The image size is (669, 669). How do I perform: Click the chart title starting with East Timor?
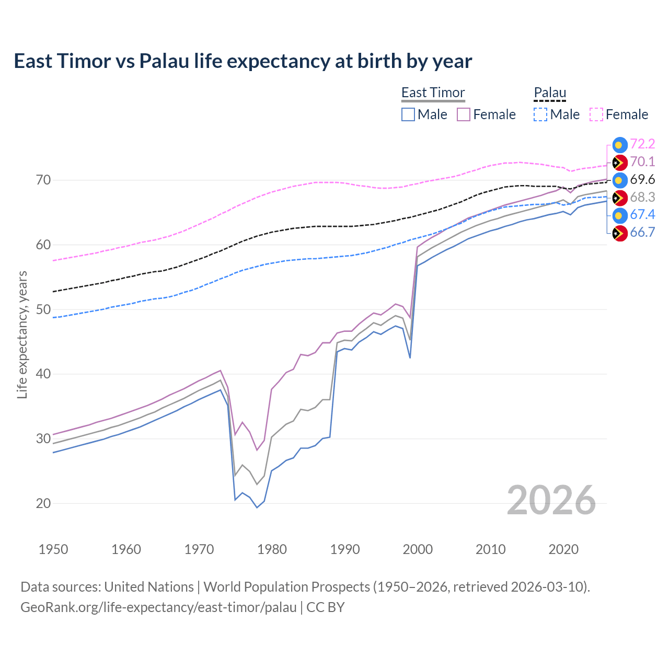click(243, 61)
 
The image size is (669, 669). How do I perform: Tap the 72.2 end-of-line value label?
click(642, 144)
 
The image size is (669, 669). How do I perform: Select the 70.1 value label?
click(642, 162)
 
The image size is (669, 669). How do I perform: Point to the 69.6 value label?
click(642, 180)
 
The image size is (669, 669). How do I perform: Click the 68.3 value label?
click(642, 198)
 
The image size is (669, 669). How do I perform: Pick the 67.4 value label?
click(642, 215)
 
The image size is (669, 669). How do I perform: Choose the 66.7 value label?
click(642, 233)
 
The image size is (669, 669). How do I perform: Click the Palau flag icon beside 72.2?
click(619, 145)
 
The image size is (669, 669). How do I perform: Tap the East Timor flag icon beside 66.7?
click(619, 233)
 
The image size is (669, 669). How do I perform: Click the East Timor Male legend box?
click(408, 114)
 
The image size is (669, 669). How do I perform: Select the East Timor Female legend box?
click(464, 114)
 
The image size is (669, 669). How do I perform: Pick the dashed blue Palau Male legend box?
click(540, 114)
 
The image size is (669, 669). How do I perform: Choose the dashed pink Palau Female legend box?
click(596, 114)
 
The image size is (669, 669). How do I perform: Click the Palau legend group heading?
click(550, 93)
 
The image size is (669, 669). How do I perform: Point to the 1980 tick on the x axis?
click(272, 549)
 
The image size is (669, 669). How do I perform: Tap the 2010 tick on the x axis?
click(491, 549)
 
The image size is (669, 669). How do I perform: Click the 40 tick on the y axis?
click(43, 374)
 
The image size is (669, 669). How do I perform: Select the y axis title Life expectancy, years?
click(22, 334)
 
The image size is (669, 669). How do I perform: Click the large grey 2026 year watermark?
click(551, 501)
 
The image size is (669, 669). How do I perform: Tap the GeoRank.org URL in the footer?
click(158, 607)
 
